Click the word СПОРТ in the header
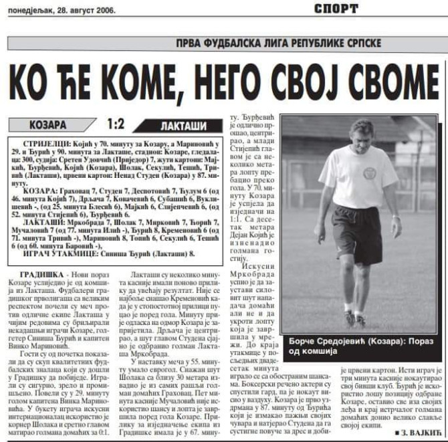346,9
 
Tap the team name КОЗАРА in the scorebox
48,124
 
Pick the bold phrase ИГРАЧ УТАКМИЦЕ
58,253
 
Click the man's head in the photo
363,134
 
